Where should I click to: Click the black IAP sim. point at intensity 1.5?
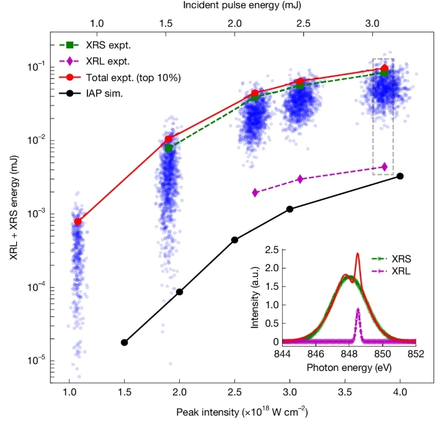[124, 342]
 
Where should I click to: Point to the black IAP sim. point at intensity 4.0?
[400, 176]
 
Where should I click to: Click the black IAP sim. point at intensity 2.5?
[234, 240]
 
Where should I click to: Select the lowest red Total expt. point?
[78, 221]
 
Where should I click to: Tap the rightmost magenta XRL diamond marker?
[385, 167]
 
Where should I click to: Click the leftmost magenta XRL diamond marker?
[255, 192]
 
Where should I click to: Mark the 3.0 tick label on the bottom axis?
[290, 393]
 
